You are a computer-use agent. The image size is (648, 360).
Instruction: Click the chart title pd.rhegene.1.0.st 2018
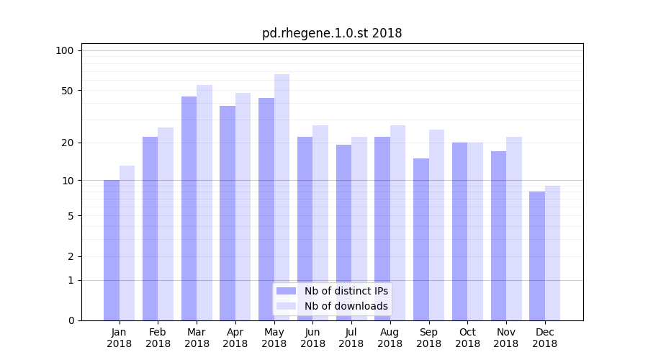click(332, 33)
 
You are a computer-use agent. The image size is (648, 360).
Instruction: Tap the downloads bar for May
click(282, 197)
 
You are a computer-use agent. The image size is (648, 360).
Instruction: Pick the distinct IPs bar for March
click(189, 208)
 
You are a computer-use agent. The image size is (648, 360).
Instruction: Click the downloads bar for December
click(552, 253)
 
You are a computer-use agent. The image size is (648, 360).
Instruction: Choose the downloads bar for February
click(166, 224)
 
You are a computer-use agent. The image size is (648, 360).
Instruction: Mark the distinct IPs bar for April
click(228, 213)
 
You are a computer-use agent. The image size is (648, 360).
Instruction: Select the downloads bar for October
click(475, 231)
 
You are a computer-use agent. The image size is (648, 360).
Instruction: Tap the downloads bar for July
click(359, 228)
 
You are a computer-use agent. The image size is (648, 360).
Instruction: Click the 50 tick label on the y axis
click(68, 91)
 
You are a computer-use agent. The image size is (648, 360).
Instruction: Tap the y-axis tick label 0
click(71, 320)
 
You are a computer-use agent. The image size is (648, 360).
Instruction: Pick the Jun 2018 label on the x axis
click(312, 338)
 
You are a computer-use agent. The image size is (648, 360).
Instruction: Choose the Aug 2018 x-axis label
click(390, 338)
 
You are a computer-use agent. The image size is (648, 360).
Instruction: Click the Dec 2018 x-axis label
click(544, 338)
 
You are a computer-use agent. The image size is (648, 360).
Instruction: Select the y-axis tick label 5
click(71, 216)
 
